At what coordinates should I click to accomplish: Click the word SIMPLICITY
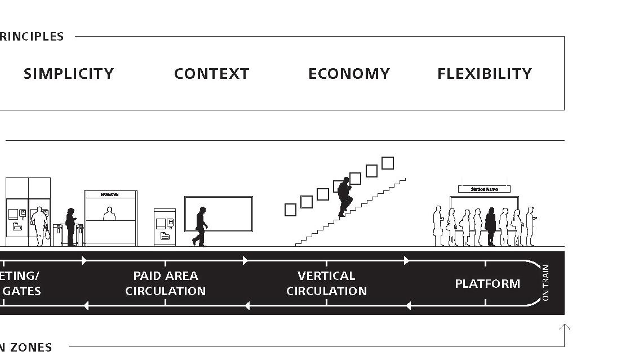[x=69, y=74]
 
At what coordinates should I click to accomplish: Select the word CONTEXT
[x=211, y=74]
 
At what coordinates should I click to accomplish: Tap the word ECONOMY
[x=349, y=74]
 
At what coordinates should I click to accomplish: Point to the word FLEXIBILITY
[x=485, y=74]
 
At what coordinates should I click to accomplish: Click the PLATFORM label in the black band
[x=487, y=283]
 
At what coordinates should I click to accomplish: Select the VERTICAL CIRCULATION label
[x=326, y=283]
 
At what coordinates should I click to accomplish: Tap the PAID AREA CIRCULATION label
[x=165, y=283]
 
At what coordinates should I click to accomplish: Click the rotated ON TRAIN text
[x=545, y=283]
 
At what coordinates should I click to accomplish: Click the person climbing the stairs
[x=344, y=197]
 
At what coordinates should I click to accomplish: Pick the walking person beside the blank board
[x=201, y=226]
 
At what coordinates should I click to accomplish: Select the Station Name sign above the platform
[x=484, y=189]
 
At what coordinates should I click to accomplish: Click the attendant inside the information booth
[x=109, y=214]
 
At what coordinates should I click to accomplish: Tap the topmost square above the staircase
[x=388, y=163]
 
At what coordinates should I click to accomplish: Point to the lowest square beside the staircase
[x=290, y=210]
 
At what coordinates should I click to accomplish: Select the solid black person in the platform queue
[x=491, y=226]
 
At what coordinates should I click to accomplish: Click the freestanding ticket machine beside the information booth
[x=165, y=227]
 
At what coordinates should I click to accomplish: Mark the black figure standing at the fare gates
[x=71, y=227]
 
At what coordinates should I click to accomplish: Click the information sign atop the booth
[x=110, y=194]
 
